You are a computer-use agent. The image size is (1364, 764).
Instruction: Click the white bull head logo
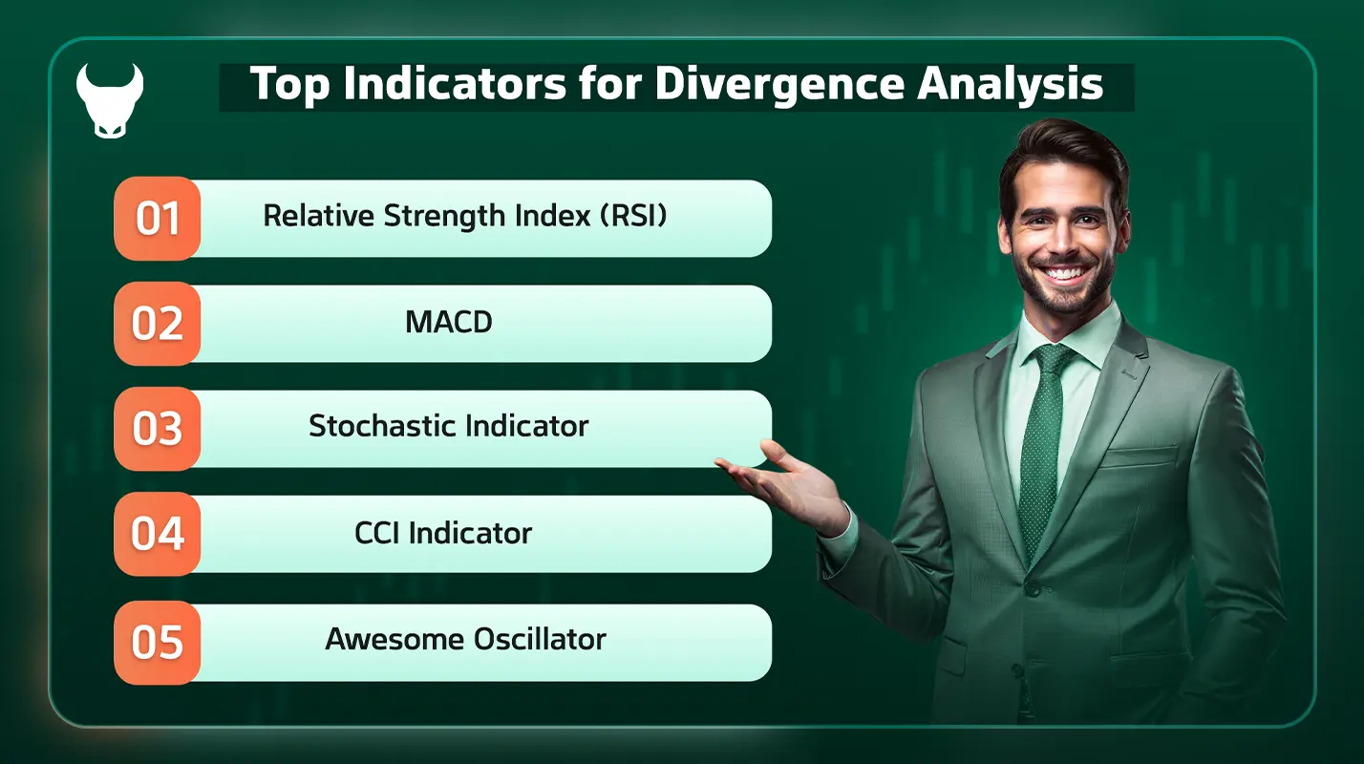point(110,100)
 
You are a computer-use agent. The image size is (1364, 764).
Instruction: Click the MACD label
point(449,323)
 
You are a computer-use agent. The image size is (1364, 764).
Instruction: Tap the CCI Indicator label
point(443,533)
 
